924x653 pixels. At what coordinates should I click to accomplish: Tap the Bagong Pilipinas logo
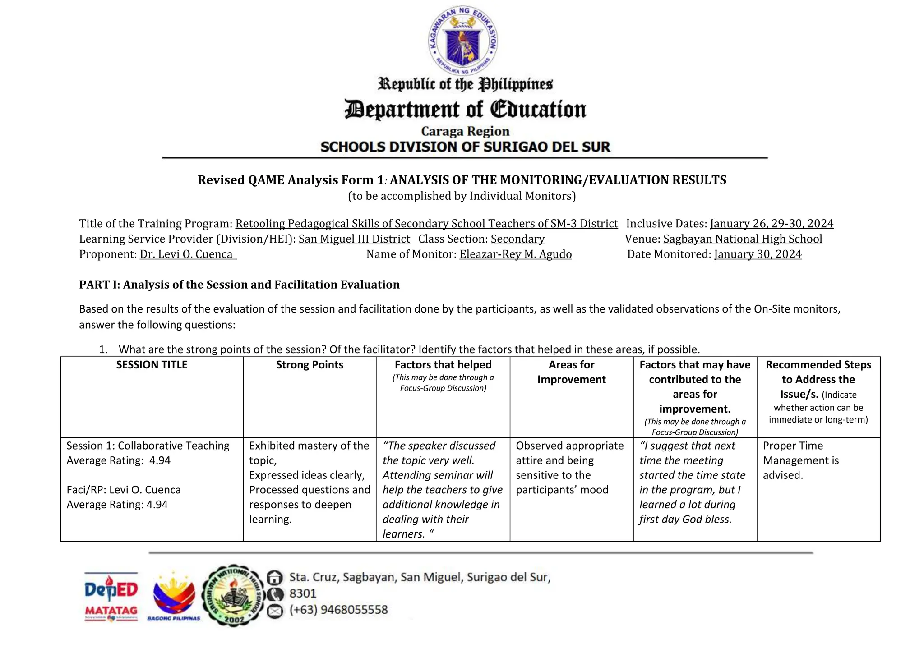pyautogui.click(x=174, y=596)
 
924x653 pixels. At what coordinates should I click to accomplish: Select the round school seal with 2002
pyautogui.click(x=233, y=595)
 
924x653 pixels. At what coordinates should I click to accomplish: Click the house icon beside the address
pyautogui.click(x=275, y=577)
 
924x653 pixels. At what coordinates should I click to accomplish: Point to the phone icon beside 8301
pyautogui.click(x=275, y=594)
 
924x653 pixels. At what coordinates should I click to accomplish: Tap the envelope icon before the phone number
pyautogui.click(x=275, y=611)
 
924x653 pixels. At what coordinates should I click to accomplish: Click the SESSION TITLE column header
pyautogui.click(x=152, y=365)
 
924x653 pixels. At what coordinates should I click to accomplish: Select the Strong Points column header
pyautogui.click(x=310, y=365)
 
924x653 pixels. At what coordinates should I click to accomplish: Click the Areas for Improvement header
pyautogui.click(x=571, y=372)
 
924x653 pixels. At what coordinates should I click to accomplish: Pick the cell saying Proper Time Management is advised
pyautogui.click(x=800, y=460)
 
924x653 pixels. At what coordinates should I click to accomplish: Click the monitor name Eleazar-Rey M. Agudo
pyautogui.click(x=515, y=254)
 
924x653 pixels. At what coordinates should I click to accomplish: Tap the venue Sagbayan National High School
pyautogui.click(x=742, y=239)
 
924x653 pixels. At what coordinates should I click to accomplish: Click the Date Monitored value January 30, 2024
pyautogui.click(x=758, y=254)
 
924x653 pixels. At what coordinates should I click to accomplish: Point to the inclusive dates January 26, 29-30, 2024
pyautogui.click(x=772, y=224)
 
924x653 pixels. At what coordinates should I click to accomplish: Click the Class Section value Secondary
pyautogui.click(x=517, y=239)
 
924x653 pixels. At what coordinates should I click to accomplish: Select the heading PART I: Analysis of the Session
pyautogui.click(x=239, y=285)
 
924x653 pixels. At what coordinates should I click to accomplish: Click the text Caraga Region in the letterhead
pyautogui.click(x=465, y=131)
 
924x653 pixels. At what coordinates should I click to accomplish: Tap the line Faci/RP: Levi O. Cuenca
pyautogui.click(x=124, y=490)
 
